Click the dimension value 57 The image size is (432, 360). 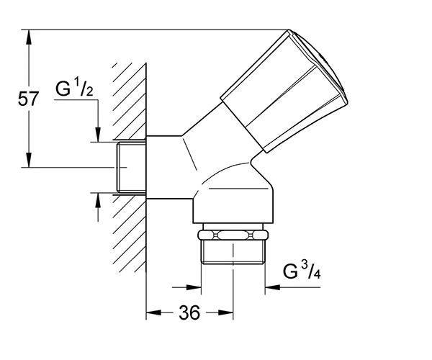tap(28, 99)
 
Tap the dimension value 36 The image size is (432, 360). tap(189, 312)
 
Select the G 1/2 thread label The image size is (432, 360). tap(74, 88)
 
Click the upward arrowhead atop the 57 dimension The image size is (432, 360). tap(28, 37)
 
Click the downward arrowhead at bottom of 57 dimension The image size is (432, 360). tap(28, 160)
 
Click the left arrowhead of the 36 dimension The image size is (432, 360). tap(153, 312)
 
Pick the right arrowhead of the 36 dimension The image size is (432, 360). tap(226, 312)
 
